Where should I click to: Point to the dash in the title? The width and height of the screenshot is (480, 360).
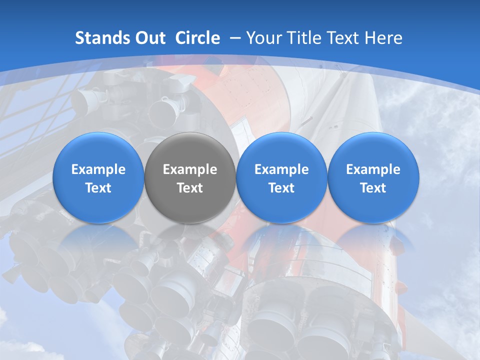click(235, 38)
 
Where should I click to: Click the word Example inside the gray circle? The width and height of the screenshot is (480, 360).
click(190, 169)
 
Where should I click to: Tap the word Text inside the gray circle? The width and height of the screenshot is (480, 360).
click(190, 188)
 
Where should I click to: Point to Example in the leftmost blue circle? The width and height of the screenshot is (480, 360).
click(98, 169)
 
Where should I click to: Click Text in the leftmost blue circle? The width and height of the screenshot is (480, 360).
click(98, 188)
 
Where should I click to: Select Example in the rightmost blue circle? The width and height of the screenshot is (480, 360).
click(373, 169)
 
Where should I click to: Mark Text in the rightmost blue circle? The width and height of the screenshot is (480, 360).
click(373, 188)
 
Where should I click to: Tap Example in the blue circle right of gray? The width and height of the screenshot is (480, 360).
click(281, 169)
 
